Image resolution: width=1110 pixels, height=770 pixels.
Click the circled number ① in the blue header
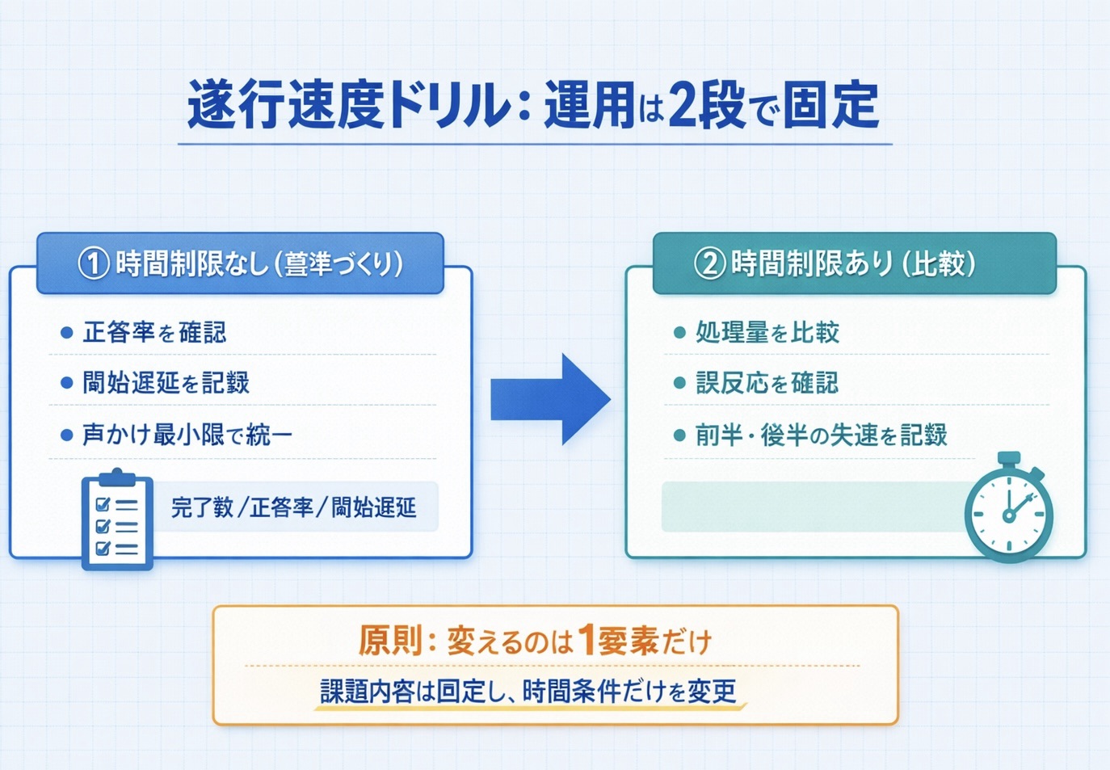coord(93,263)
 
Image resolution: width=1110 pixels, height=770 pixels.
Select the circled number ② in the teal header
coord(709,263)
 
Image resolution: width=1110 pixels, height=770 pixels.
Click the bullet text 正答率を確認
coord(154,332)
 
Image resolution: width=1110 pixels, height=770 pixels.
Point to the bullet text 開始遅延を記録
coord(166,383)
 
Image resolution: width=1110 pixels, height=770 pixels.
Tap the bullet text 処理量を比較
coord(767,332)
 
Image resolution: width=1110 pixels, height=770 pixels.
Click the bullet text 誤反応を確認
coord(767,383)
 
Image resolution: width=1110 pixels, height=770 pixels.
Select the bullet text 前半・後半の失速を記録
coord(821,435)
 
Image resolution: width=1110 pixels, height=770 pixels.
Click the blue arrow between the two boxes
coord(550,399)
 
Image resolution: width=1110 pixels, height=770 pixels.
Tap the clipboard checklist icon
coord(117,521)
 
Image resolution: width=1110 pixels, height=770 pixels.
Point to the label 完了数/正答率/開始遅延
coord(293,507)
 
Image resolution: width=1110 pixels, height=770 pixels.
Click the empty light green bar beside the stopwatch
coord(808,507)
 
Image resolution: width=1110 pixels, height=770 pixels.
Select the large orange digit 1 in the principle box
coord(586,641)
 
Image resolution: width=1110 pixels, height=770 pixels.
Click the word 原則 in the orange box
coord(391,642)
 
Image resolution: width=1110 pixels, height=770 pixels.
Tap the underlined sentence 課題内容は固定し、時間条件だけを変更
coord(528,692)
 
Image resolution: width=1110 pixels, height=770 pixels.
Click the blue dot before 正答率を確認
coord(67,333)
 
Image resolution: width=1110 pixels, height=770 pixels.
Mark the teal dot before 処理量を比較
coord(679,333)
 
